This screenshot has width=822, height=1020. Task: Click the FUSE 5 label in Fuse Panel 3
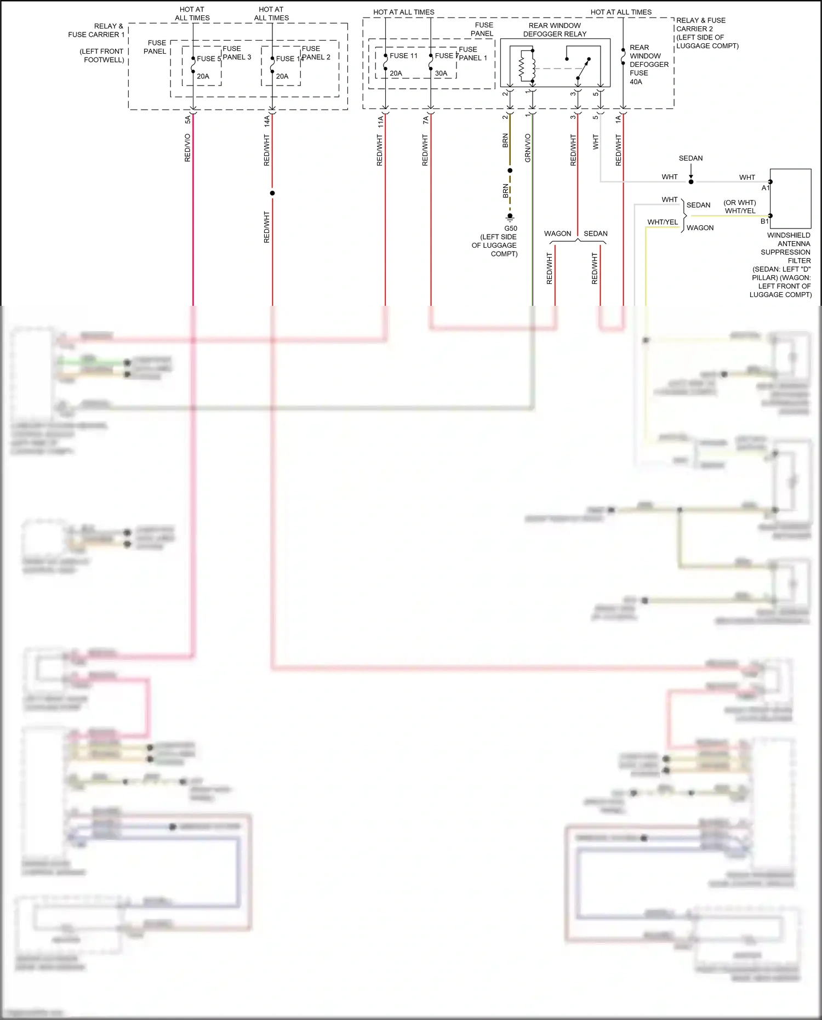click(209, 59)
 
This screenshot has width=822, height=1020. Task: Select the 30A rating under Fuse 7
click(441, 73)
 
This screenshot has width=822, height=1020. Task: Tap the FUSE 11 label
click(403, 56)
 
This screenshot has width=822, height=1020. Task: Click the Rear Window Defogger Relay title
click(555, 30)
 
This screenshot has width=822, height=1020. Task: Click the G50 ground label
click(510, 229)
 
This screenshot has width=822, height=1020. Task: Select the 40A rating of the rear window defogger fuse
click(636, 82)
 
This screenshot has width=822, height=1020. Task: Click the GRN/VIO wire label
click(528, 148)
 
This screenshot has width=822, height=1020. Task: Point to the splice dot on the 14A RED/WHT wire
click(272, 193)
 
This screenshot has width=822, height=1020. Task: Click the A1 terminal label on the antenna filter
click(766, 188)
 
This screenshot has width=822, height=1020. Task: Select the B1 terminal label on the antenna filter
click(764, 221)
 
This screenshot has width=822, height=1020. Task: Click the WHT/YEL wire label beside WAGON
click(663, 222)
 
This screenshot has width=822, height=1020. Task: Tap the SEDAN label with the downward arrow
click(690, 158)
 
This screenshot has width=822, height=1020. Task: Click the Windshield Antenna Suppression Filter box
click(790, 198)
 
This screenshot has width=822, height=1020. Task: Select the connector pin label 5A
click(187, 119)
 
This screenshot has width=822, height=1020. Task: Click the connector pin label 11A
click(380, 121)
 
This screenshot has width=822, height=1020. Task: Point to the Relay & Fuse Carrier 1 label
click(96, 30)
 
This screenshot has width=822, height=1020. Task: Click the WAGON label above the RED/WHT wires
click(557, 233)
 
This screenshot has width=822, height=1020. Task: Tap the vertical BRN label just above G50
click(505, 191)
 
